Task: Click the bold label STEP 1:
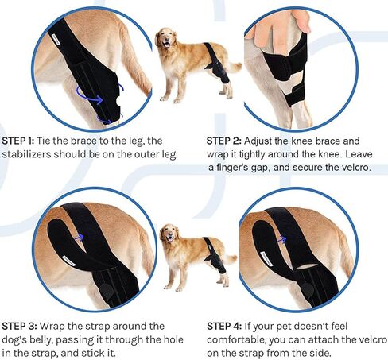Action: pos(18,141)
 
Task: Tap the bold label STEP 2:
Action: pos(224,141)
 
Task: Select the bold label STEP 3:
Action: pos(19,326)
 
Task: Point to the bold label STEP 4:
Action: pos(224,326)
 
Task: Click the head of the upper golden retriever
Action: pos(166,38)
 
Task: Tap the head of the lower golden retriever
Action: pos(169,233)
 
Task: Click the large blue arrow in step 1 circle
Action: pos(89,97)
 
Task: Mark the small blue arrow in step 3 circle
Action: pos(80,238)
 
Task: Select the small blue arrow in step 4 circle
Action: pos(281,240)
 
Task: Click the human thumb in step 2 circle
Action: pos(301,21)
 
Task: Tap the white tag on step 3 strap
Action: pos(69,261)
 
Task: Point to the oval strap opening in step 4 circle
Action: pos(307,266)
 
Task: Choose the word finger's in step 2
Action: pos(241,168)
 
